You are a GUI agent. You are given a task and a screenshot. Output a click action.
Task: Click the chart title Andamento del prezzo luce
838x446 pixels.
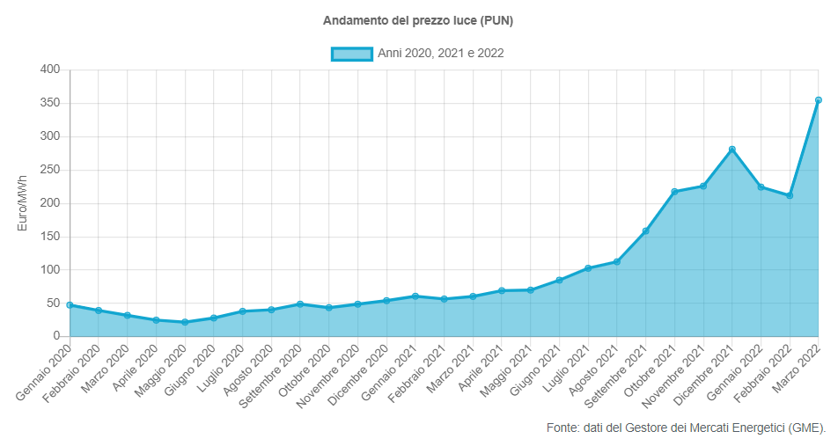[418, 20]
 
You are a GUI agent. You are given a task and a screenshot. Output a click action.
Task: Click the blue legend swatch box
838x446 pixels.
[351, 54]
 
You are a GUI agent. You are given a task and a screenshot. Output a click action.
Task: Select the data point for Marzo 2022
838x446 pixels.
[819, 100]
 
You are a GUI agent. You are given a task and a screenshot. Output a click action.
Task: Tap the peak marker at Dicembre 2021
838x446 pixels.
[731, 150]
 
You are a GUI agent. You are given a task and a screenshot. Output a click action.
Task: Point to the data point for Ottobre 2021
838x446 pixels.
[674, 192]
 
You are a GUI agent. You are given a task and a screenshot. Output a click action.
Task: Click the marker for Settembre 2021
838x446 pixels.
[645, 231]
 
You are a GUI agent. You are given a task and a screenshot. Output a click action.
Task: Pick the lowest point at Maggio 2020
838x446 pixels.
[185, 322]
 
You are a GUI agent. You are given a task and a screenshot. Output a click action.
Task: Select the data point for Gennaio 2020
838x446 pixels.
[70, 305]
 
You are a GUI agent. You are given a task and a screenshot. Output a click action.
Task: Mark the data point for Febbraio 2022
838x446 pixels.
[790, 195]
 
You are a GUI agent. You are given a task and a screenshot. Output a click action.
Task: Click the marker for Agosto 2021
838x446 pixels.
[617, 261]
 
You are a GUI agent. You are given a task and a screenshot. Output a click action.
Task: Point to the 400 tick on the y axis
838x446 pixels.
[50, 69]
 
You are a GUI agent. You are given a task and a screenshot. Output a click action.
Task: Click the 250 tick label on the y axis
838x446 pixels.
[50, 170]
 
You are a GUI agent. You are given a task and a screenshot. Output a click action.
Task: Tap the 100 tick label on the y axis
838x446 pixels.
[50, 270]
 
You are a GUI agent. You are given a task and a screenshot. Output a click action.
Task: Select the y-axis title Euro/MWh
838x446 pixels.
[23, 203]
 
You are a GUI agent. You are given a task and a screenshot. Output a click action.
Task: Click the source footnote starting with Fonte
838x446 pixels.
[686, 428]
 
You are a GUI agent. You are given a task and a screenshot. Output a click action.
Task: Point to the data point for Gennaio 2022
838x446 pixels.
[761, 187]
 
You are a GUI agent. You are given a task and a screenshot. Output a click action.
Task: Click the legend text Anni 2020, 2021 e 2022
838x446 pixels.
[440, 54]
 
